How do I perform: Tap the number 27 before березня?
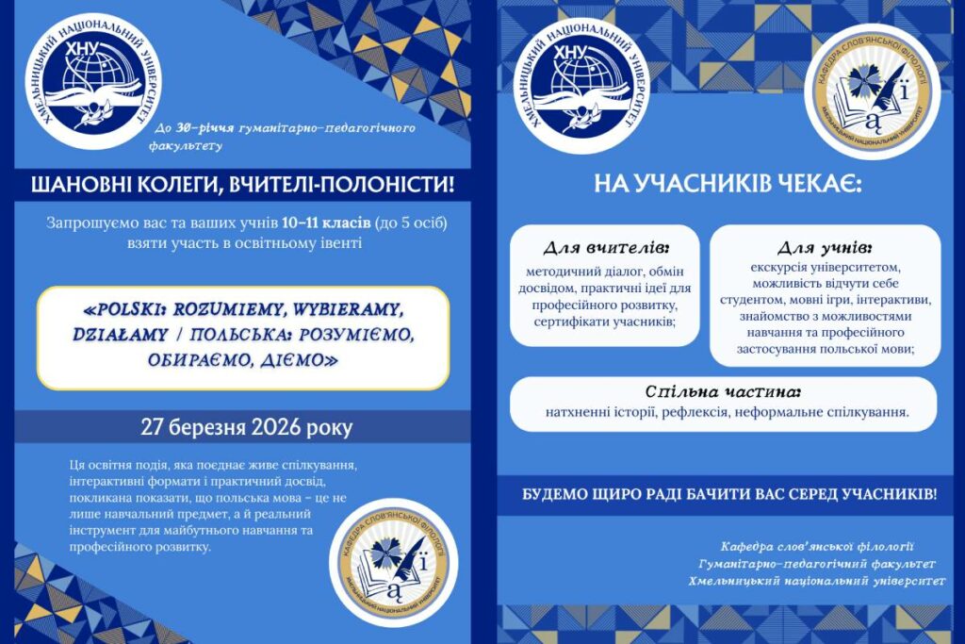(x=154, y=427)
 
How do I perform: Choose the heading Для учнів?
(x=824, y=248)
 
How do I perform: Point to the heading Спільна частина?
(x=723, y=391)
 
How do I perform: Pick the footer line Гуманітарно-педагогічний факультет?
(x=816, y=564)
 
